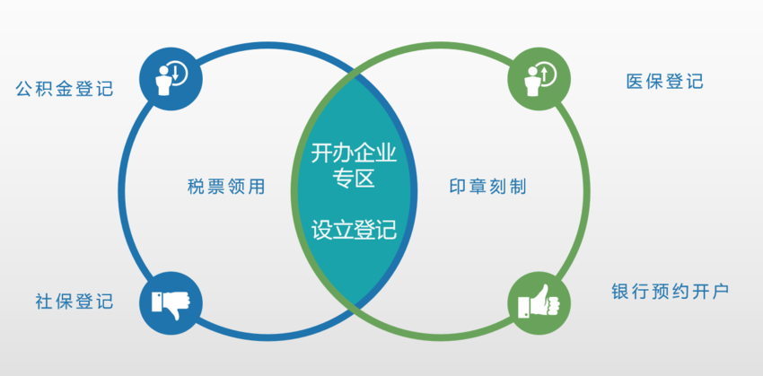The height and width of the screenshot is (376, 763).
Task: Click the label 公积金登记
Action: [x=65, y=88]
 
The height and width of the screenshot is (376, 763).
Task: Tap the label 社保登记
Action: [x=75, y=302]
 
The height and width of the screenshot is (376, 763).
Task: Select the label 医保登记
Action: [x=664, y=82]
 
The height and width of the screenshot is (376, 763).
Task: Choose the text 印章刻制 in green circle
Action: [x=487, y=188]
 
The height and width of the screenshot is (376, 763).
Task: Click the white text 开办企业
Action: [x=354, y=153]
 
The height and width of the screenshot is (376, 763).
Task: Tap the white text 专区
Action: [x=354, y=179]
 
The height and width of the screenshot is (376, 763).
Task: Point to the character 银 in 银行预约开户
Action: [x=621, y=292]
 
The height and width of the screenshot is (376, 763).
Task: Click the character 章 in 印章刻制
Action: [x=477, y=188]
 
